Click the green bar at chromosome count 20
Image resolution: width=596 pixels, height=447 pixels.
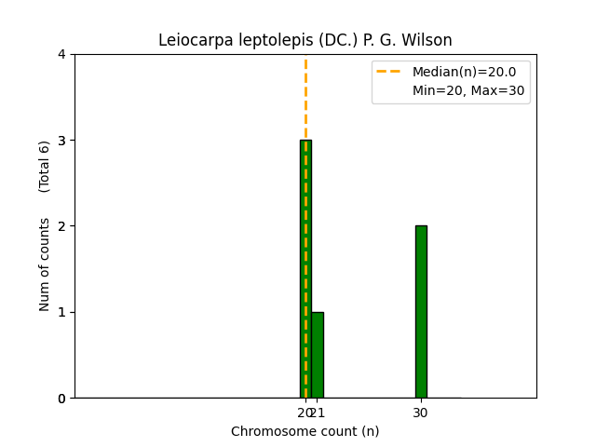[305, 269]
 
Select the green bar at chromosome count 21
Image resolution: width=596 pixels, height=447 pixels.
[318, 355]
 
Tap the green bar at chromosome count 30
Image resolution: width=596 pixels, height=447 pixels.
[421, 312]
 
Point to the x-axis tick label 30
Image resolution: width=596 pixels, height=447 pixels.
[421, 413]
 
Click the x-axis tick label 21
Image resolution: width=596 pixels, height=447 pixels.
[319, 413]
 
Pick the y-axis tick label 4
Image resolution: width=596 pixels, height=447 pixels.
[61, 54]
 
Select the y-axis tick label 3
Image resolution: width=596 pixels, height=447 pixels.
[61, 141]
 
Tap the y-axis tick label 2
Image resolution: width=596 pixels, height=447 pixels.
[61, 226]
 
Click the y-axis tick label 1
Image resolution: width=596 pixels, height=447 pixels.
[61, 312]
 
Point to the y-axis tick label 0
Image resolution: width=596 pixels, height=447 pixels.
[61, 399]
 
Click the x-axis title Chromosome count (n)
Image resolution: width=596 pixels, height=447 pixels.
[305, 431]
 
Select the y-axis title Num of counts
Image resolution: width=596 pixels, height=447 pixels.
[45, 264]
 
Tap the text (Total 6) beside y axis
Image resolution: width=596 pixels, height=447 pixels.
[45, 167]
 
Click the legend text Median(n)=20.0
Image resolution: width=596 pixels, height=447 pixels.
[464, 72]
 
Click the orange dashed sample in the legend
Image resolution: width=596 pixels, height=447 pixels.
[391, 72]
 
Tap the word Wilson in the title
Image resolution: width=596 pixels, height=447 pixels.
[427, 40]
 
